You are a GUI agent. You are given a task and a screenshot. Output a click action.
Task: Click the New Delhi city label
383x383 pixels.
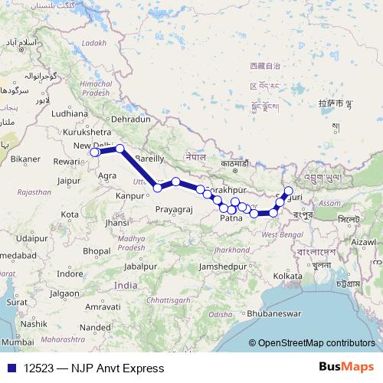(92, 146)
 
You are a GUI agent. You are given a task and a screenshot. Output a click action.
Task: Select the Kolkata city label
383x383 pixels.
(287, 275)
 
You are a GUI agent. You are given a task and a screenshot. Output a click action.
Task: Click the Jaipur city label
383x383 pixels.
(69, 181)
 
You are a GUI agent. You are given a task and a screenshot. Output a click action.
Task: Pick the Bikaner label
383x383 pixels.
(25, 159)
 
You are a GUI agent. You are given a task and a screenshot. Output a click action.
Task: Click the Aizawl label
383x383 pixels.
(363, 241)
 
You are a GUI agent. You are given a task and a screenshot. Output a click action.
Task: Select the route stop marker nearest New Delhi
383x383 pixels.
(94, 152)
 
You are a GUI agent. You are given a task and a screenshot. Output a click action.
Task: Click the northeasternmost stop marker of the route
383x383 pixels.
(289, 191)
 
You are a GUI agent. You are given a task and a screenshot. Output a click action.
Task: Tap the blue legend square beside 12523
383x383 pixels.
(8, 368)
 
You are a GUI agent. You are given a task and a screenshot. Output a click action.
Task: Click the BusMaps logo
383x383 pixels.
(346, 368)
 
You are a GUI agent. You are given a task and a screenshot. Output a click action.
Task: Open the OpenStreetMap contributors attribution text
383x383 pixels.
(315, 343)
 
